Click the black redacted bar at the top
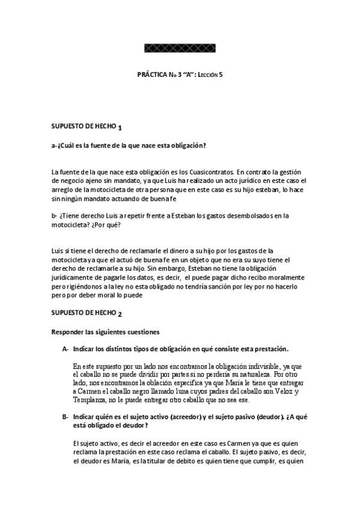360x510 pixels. pyautogui.click(x=181, y=48)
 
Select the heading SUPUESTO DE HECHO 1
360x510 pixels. pyautogui.click(x=87, y=127)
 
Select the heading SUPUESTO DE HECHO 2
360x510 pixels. pyautogui.click(x=87, y=313)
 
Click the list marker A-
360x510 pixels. pyautogui.click(x=65, y=349)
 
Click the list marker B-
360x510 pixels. pyautogui.click(x=65, y=417)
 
